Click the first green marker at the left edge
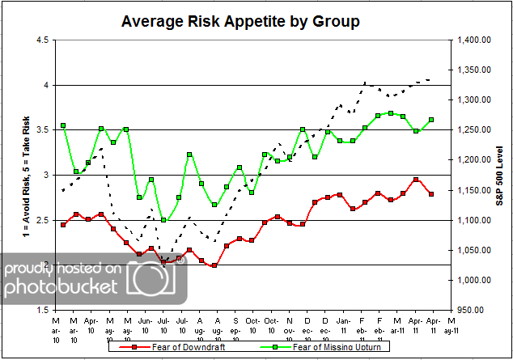click(x=63, y=125)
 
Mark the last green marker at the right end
click(x=430, y=120)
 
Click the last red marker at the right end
click(x=430, y=194)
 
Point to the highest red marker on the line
click(x=416, y=180)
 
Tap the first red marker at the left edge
click(x=63, y=224)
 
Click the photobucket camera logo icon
click(x=155, y=277)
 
